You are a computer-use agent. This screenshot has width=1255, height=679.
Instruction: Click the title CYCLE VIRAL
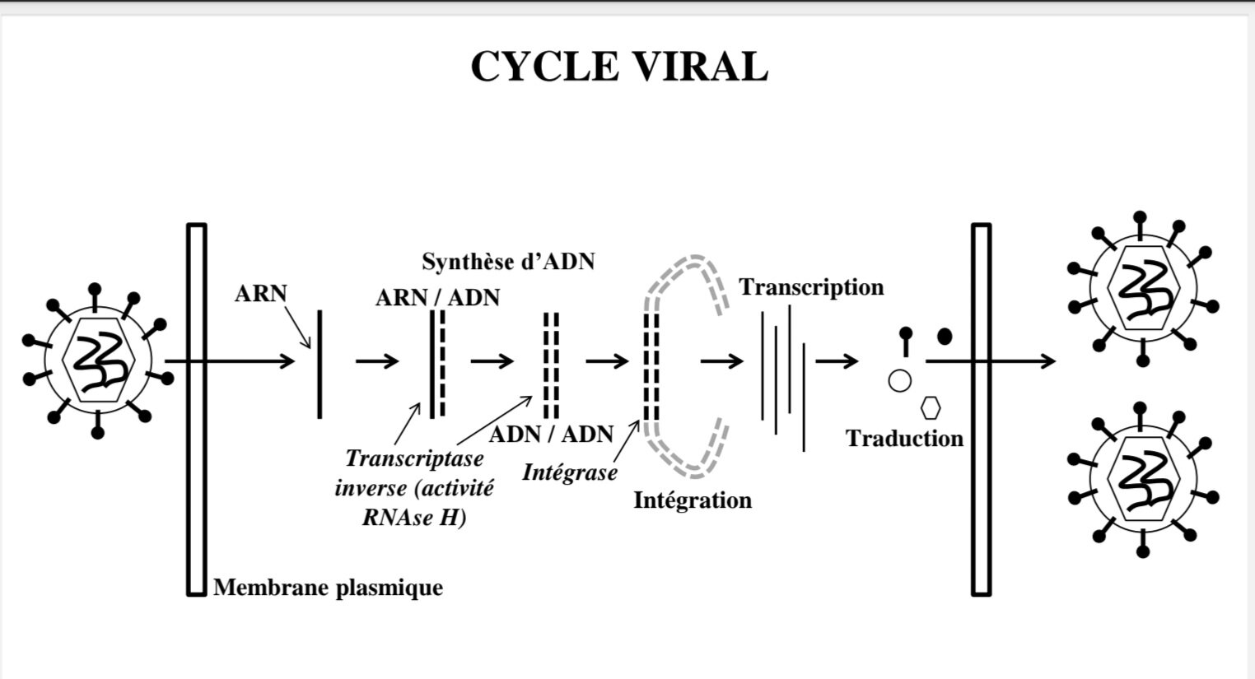coord(618,67)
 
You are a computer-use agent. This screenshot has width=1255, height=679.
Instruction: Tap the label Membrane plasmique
coord(328,588)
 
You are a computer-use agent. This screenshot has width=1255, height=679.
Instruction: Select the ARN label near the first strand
coord(260,294)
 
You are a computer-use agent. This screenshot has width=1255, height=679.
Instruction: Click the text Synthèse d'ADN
coord(508,262)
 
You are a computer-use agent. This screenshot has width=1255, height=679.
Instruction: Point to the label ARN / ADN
coord(437,297)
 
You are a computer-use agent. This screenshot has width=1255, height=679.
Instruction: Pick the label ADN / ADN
coord(551,434)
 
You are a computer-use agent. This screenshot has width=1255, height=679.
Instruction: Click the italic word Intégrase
coord(569,472)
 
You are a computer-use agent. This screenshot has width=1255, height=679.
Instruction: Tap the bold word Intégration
coord(692,500)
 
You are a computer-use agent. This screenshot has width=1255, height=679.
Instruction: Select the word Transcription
coord(811,287)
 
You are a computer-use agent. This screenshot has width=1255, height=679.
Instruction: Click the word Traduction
coord(904,438)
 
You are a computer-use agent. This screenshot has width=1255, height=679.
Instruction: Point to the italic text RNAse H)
coord(414,519)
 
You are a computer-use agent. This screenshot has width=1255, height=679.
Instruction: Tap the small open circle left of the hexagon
coord(900,380)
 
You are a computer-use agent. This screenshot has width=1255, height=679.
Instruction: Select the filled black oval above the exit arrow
coord(945,336)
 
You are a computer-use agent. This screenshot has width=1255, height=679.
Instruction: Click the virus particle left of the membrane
coord(98,360)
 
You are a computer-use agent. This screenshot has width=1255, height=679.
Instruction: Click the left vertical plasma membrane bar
coord(196,408)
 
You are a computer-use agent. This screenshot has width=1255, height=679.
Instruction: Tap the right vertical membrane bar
coord(981,408)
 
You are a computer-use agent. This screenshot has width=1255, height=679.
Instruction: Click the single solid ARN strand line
coord(320,363)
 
